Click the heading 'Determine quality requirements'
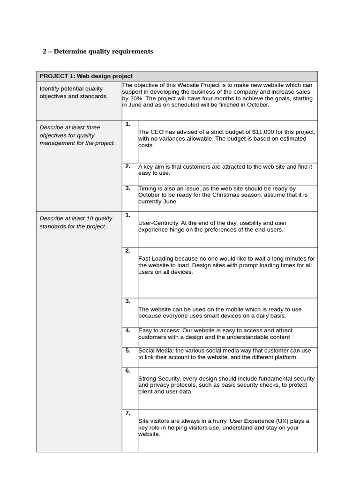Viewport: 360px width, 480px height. point(103,52)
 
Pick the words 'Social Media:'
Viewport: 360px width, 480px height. point(156,351)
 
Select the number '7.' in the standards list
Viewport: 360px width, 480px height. point(128,413)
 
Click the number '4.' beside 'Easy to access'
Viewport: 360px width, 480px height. point(128,330)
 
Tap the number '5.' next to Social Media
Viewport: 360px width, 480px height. point(128,350)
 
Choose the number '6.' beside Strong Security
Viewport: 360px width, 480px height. point(128,370)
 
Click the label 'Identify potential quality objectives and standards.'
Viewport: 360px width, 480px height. point(74,92)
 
